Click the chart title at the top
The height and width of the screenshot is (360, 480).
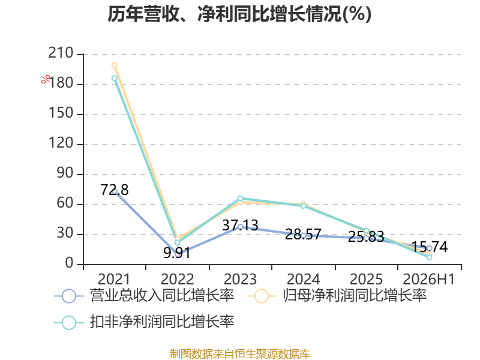coord(239,14)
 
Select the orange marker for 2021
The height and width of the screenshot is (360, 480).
coord(115,65)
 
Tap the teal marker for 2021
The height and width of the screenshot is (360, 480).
coord(115,78)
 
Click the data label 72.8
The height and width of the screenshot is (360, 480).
coord(115,190)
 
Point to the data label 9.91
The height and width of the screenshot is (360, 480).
coord(177,253)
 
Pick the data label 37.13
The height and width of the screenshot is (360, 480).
coord(241,226)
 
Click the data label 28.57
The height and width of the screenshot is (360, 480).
coord(303,234)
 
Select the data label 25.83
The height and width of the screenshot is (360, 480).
coord(366,236)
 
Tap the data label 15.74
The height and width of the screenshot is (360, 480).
coord(429,247)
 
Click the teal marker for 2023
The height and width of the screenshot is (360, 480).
coord(241,199)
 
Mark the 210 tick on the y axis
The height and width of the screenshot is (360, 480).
coord(61,53)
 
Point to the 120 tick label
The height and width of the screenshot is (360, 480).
coord(61,143)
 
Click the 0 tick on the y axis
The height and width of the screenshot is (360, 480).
coord(69,263)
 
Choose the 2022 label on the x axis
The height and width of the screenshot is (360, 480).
coord(177,279)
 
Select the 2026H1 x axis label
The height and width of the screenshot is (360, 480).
coord(429,279)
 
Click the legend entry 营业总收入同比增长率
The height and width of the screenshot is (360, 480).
coord(144,296)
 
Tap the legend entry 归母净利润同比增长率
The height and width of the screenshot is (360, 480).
coord(337,296)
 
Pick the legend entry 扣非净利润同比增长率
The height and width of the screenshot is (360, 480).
coord(144,322)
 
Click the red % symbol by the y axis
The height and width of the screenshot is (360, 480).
coord(46,79)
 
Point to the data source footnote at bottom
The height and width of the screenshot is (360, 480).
coord(240,354)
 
